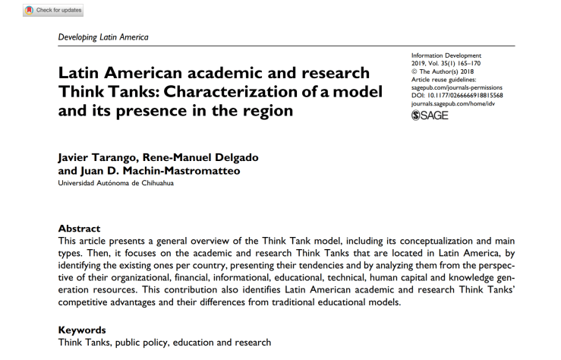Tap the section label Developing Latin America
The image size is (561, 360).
[x=103, y=36]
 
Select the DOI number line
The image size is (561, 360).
[x=456, y=96]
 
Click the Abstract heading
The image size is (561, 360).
[x=79, y=228]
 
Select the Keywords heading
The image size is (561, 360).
[x=83, y=330]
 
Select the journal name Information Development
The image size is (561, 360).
[x=446, y=55]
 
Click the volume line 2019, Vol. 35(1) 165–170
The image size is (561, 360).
[x=446, y=64]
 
